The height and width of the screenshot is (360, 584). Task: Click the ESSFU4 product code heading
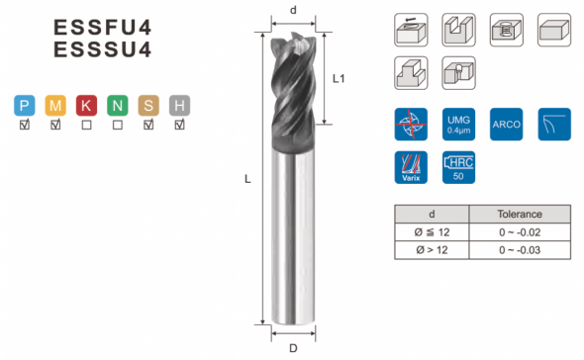[x=102, y=27]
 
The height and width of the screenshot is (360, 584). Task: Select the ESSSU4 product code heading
[x=102, y=49]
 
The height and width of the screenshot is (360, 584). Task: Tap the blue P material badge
[x=25, y=106]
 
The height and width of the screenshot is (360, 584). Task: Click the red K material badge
[x=86, y=106]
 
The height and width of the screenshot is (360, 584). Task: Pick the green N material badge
[x=118, y=106]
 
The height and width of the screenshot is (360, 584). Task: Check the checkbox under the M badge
[x=55, y=125]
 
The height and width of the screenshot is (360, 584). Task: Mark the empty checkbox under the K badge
[x=86, y=125]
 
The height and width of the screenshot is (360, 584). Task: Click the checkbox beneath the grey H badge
[x=179, y=125]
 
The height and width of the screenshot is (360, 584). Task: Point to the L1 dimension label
[x=339, y=78]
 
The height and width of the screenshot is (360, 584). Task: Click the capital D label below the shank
[x=294, y=348]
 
